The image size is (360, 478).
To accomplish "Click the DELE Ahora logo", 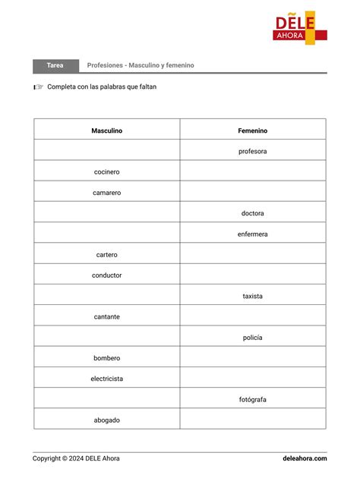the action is pos(300,27).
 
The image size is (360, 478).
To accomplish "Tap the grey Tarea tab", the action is pos(55,65).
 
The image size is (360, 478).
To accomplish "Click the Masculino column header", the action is pos(107,131).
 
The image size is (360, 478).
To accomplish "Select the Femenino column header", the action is pos(253,131).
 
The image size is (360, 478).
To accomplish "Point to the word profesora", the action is pos(253,151).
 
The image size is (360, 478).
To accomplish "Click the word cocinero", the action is pos(107,172).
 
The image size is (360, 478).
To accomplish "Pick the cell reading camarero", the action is pos(107,193).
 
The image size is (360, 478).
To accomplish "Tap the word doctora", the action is pos(253,213).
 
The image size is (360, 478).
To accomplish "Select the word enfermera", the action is pos(253,234).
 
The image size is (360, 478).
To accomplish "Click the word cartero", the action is pos(107,255).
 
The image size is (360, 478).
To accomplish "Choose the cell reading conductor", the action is pos(107,275).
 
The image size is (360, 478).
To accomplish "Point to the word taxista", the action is pos(253,296).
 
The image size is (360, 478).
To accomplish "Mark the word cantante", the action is pos(107,316).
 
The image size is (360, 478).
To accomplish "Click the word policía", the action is pos(253,338).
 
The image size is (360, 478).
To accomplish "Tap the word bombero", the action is pos(107,358).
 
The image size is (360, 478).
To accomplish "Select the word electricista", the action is pos(107,379).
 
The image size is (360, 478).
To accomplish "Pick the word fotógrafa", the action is pos(253,399).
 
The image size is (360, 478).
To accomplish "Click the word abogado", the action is pos(107,420).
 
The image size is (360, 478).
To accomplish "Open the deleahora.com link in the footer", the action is pos(305,458).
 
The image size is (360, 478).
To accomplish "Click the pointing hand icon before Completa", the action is pos(38,87).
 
